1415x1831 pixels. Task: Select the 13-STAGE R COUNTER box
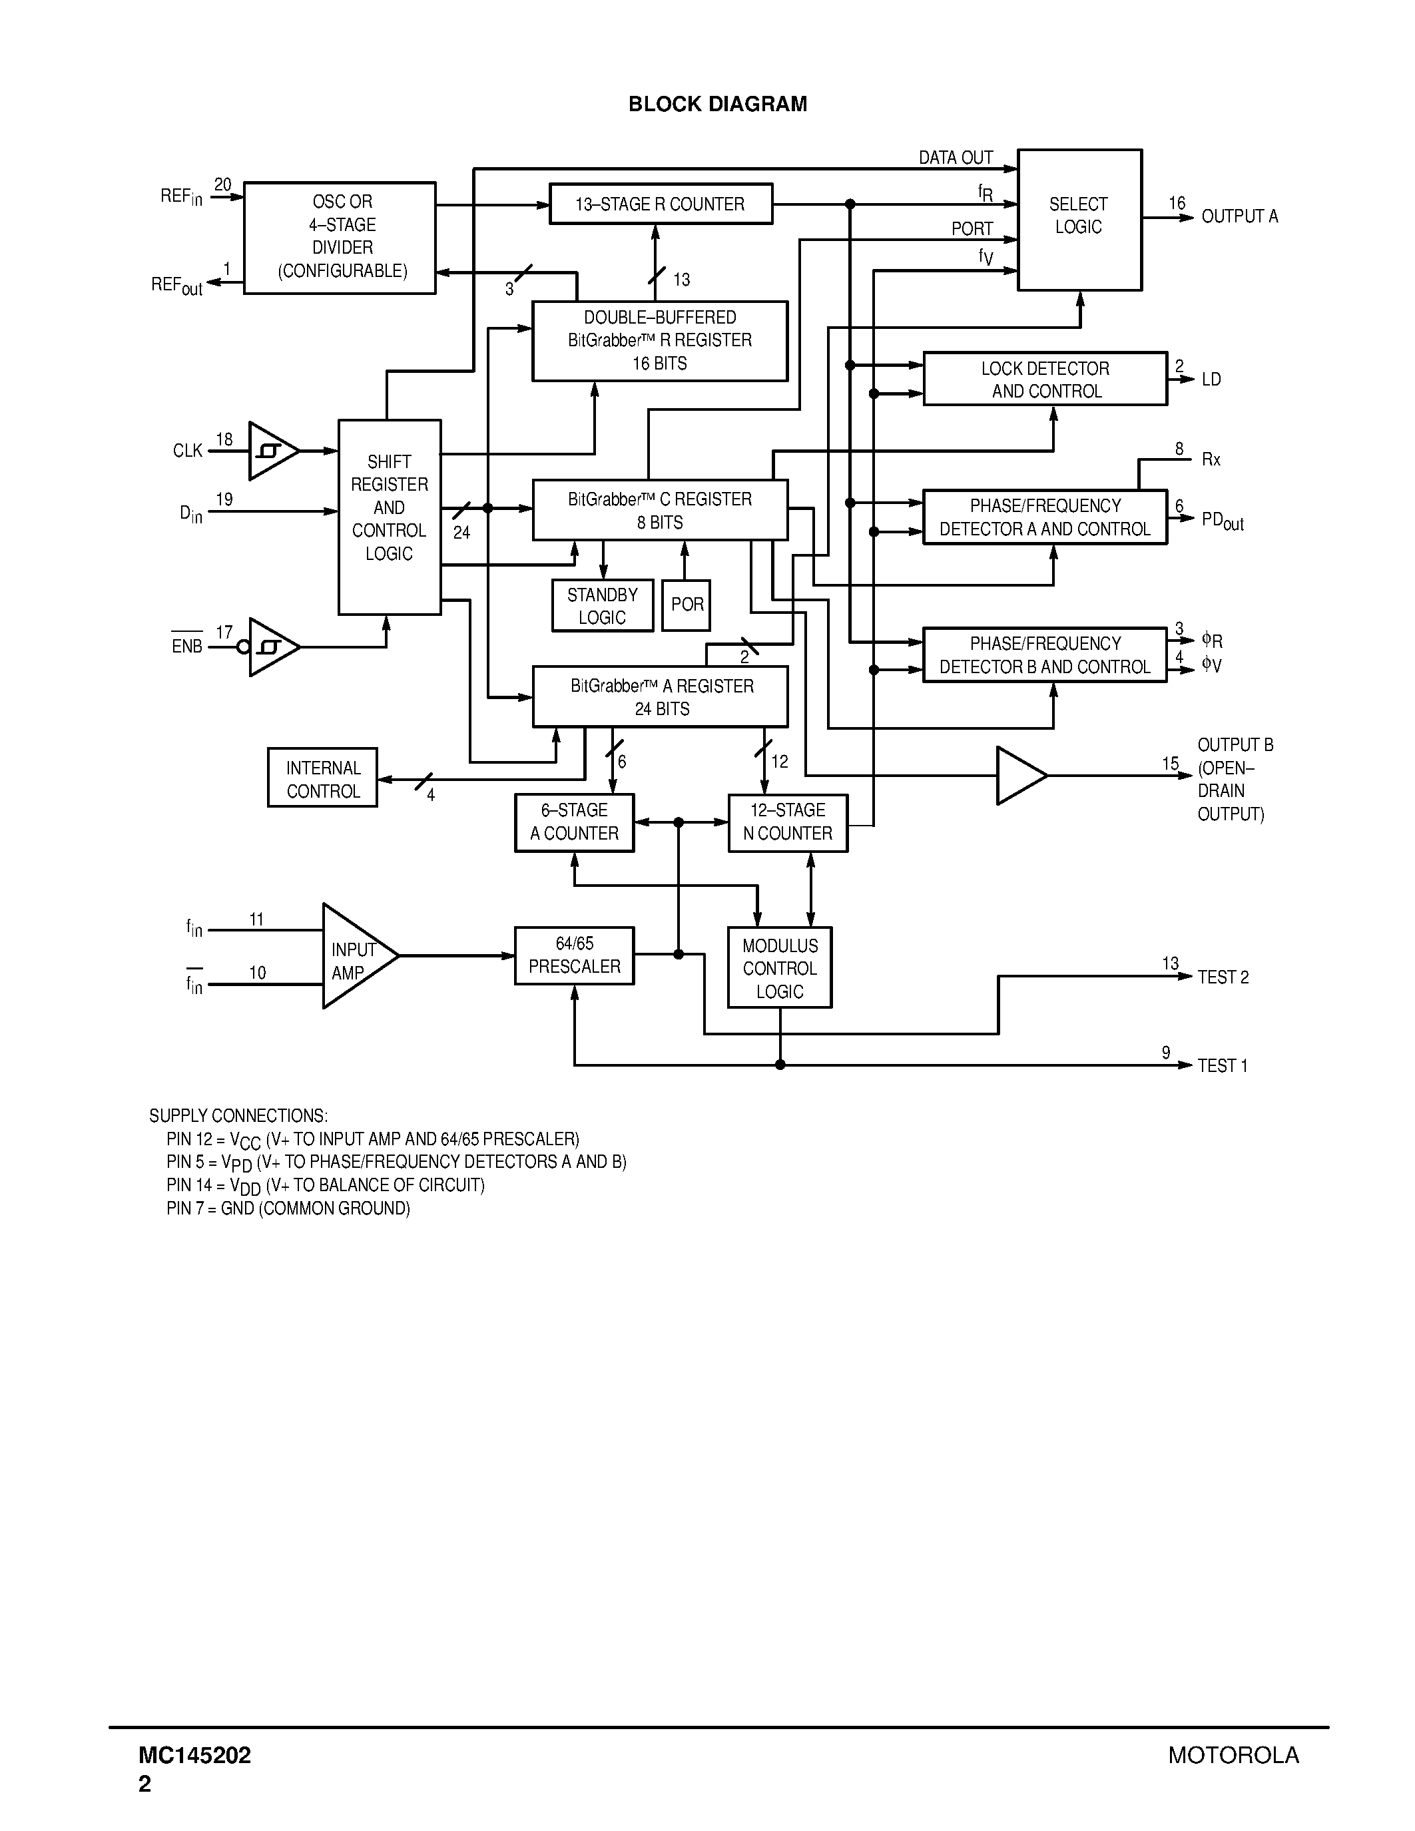pyautogui.click(x=661, y=204)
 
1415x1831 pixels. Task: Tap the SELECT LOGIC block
pyautogui.click(x=1079, y=220)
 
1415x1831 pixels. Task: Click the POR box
pyautogui.click(x=687, y=605)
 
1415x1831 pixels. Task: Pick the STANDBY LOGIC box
pyautogui.click(x=602, y=606)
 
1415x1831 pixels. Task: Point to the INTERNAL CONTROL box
pyautogui.click(x=323, y=779)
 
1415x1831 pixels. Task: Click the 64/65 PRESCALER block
pyautogui.click(x=574, y=955)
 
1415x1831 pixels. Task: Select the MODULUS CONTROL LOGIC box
pyautogui.click(x=780, y=968)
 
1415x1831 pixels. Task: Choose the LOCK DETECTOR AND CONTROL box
pyautogui.click(x=1045, y=380)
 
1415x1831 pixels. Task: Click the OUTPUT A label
pyautogui.click(x=1239, y=216)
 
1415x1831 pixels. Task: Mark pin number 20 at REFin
pyautogui.click(x=222, y=184)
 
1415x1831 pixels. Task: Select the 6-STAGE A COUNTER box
pyautogui.click(x=574, y=822)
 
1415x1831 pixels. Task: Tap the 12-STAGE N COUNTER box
pyautogui.click(x=787, y=822)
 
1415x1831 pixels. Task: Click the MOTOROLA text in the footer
pyautogui.click(x=1233, y=1756)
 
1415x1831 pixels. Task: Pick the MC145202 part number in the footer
pyautogui.click(x=194, y=1756)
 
